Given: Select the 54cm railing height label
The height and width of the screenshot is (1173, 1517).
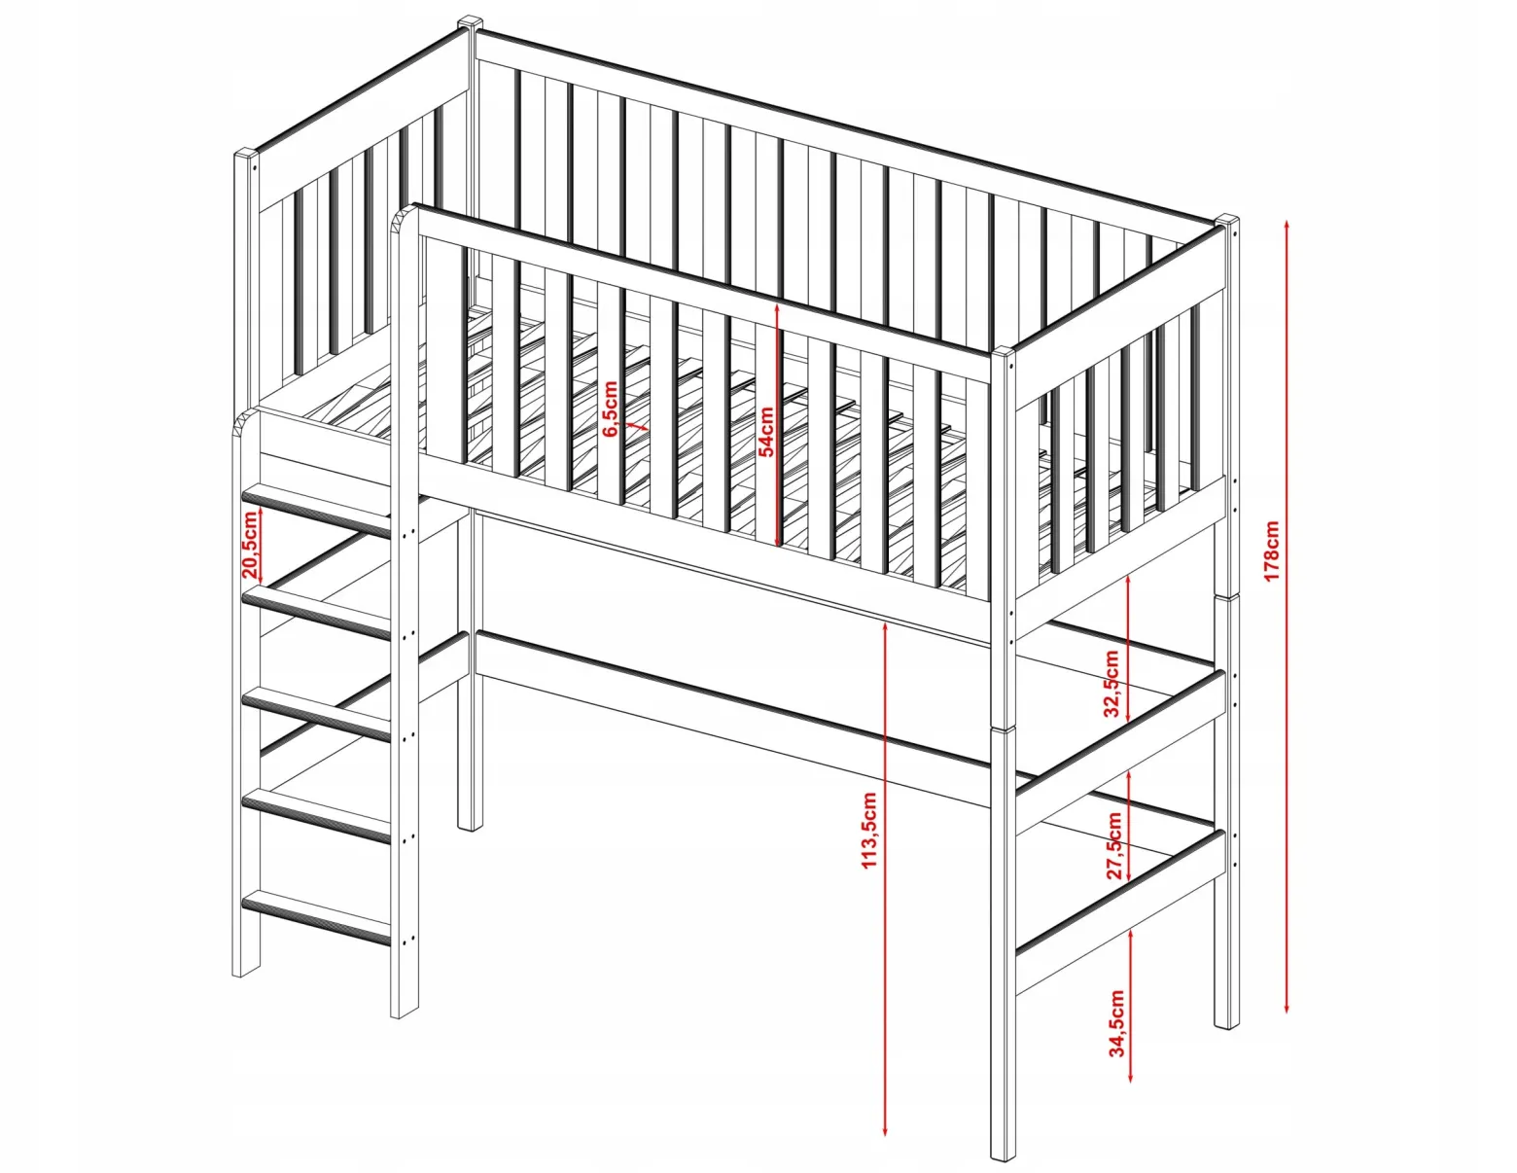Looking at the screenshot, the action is [766, 431].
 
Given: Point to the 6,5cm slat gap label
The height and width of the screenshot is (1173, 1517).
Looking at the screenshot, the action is [610, 409].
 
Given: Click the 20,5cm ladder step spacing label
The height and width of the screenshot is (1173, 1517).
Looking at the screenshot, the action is [251, 545].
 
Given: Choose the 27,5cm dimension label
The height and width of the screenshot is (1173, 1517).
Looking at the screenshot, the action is [1113, 845].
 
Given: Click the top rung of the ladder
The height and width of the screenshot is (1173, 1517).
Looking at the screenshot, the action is [315, 509].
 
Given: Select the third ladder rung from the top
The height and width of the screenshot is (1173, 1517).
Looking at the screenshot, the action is [315, 713].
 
